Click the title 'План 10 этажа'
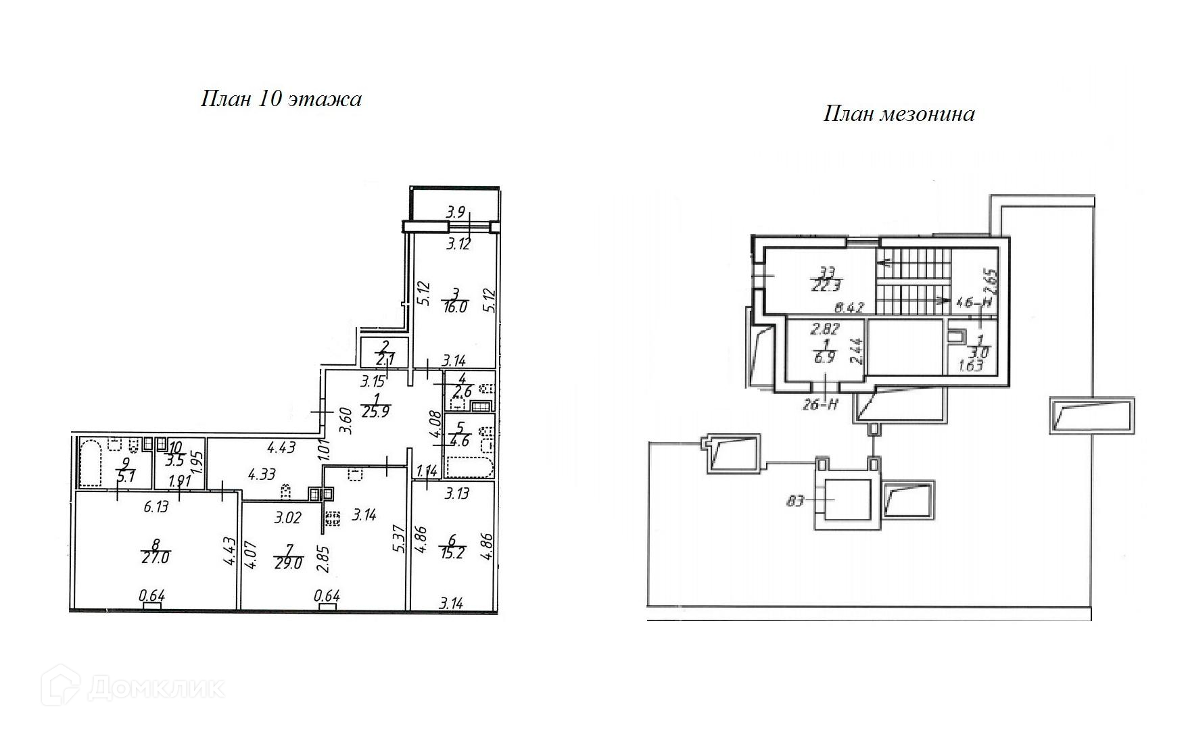pyautogui.click(x=281, y=99)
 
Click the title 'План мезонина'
pyautogui.click(x=899, y=114)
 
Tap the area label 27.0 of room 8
pyautogui.click(x=155, y=558)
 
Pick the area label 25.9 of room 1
pyautogui.click(x=375, y=412)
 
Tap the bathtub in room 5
pyautogui.click(x=469, y=468)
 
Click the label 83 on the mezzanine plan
pyautogui.click(x=795, y=502)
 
